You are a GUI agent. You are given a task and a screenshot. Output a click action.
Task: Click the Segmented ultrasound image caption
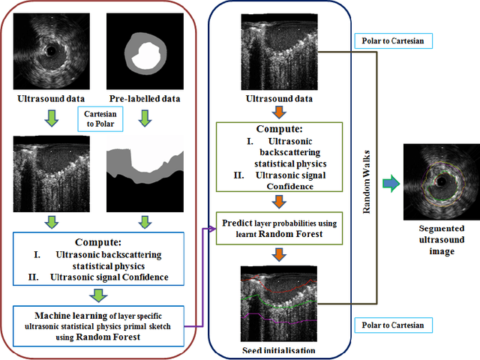(x=441, y=239)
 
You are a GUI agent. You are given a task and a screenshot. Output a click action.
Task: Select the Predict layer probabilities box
(x=278, y=228)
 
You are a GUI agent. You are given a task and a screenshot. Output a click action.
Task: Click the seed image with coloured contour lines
(x=278, y=303)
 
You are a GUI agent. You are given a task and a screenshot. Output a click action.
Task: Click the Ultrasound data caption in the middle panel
(x=278, y=98)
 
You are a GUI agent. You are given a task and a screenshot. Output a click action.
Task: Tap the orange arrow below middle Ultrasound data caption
(x=278, y=112)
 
